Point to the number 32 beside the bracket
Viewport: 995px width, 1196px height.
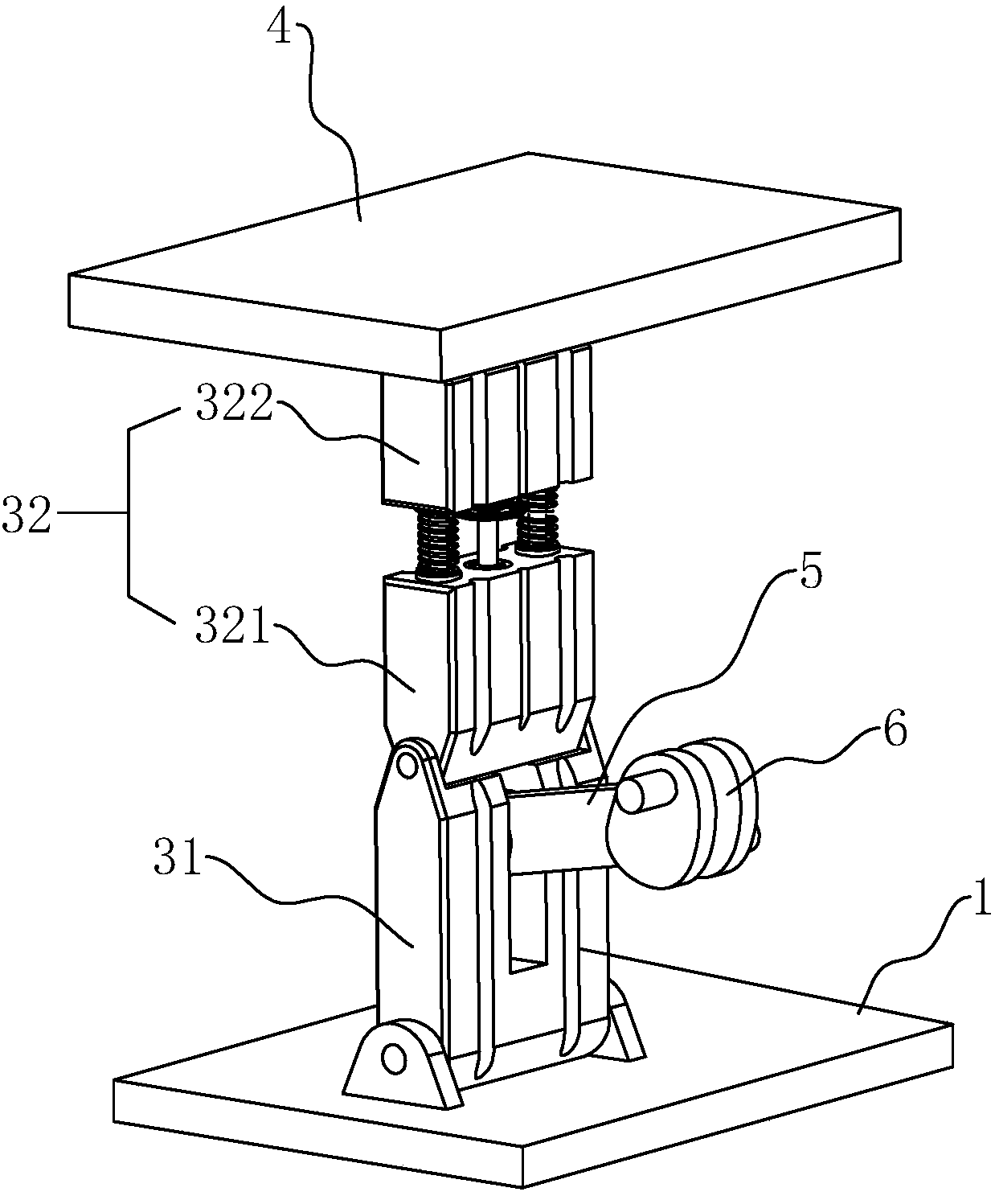pyautogui.click(x=27, y=514)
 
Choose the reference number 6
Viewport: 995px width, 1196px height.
pyautogui.click(x=895, y=728)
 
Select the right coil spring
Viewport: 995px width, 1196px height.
pyautogui.click(x=537, y=520)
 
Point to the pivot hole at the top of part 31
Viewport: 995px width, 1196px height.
pyautogui.click(x=407, y=765)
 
